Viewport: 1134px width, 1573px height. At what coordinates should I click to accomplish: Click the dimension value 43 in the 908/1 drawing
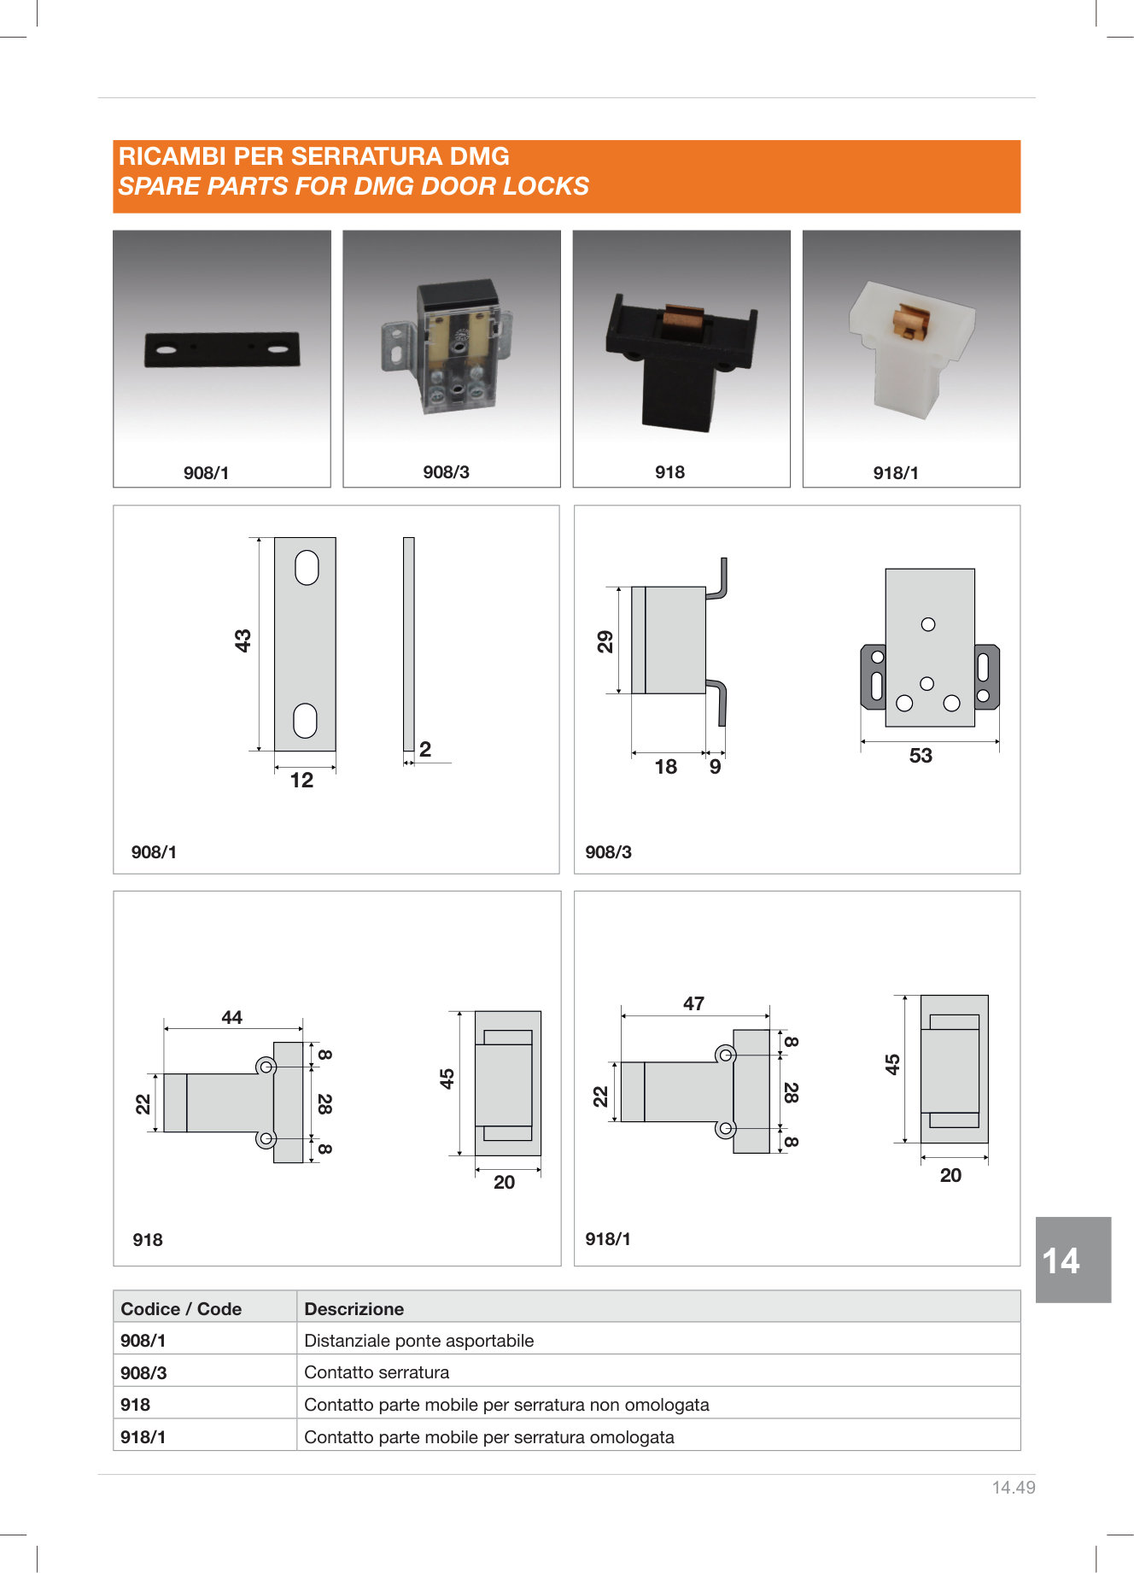(243, 640)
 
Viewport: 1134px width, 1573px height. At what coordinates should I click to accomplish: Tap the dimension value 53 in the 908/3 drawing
(921, 756)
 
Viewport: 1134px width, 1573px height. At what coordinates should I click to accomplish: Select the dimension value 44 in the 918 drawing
(231, 1017)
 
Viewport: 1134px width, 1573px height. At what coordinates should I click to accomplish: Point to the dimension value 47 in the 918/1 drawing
(693, 1003)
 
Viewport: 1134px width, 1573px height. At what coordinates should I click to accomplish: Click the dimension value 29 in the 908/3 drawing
(605, 641)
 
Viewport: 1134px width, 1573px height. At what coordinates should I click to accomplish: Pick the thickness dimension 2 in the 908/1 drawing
(425, 749)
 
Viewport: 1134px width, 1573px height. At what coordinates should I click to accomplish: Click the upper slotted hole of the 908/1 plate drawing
(307, 568)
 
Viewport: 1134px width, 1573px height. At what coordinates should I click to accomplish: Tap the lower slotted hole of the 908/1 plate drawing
(305, 721)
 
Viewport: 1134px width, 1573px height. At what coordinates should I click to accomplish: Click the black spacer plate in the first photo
(222, 349)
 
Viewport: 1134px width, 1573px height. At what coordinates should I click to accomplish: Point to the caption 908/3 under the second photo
(446, 472)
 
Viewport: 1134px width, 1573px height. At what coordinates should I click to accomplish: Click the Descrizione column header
(354, 1309)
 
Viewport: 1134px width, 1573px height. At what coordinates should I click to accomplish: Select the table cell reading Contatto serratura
(377, 1372)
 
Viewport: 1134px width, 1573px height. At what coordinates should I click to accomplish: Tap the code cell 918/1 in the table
(143, 1437)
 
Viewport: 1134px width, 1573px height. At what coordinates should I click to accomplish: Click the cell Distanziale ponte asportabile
(418, 1341)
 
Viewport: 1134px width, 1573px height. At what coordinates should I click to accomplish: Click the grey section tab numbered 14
(1073, 1260)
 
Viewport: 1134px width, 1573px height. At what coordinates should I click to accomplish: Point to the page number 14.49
(1014, 1488)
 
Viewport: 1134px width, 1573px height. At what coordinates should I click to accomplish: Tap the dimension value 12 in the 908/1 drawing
(301, 780)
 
